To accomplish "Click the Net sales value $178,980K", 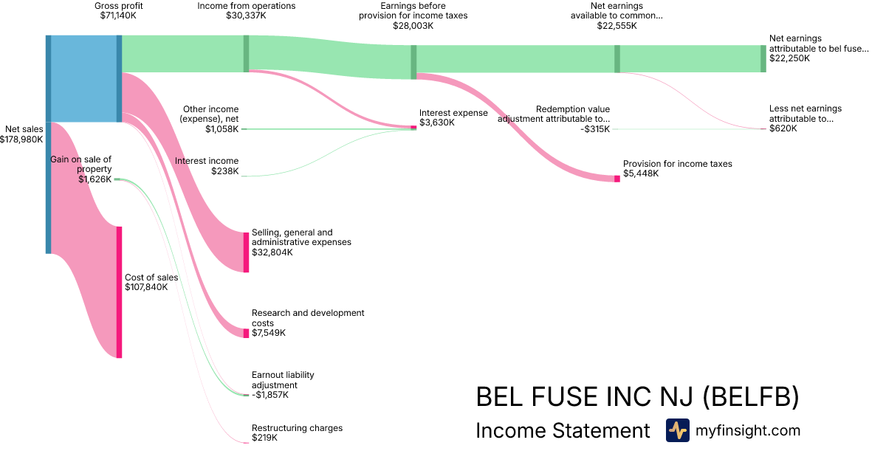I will [24, 139].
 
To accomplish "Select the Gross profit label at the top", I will [118, 6].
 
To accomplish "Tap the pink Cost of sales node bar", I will [119, 292].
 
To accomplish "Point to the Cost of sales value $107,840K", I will [146, 287].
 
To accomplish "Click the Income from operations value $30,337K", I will [246, 15].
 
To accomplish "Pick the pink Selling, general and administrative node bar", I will [247, 252].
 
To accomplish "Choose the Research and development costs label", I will [308, 318].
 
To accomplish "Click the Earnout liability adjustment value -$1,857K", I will [270, 395].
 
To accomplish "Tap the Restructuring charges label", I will [297, 428].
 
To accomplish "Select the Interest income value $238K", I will [224, 171].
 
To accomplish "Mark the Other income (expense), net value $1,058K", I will [222, 128].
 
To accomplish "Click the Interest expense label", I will [453, 113].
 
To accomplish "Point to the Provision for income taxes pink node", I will [617, 178].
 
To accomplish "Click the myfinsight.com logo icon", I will [677, 430].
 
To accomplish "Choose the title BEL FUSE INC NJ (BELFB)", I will [637, 397].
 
